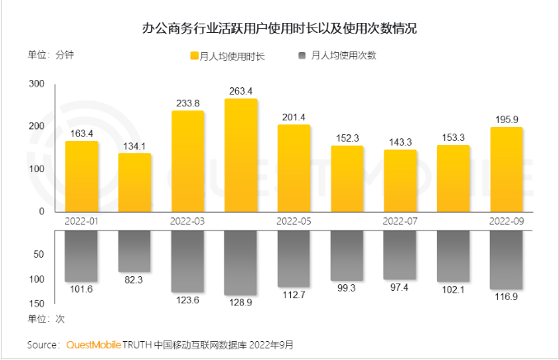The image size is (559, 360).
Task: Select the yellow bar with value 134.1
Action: tap(134, 182)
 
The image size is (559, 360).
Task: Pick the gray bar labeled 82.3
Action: tap(134, 251)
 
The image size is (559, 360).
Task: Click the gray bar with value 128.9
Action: tap(241, 263)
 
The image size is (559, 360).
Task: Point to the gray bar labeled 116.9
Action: tap(506, 259)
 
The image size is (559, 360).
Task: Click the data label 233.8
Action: tap(187, 103)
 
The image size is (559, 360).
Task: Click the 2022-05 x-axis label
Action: tap(294, 221)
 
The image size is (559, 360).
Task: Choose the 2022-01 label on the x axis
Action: tap(82, 221)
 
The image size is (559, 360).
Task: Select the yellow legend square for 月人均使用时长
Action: tap(195, 56)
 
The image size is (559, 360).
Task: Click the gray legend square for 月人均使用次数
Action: tap(302, 56)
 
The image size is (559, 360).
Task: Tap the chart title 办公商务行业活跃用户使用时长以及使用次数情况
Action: tap(279, 29)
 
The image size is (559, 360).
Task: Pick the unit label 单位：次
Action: tap(46, 318)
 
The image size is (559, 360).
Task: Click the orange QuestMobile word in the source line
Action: tap(93, 344)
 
